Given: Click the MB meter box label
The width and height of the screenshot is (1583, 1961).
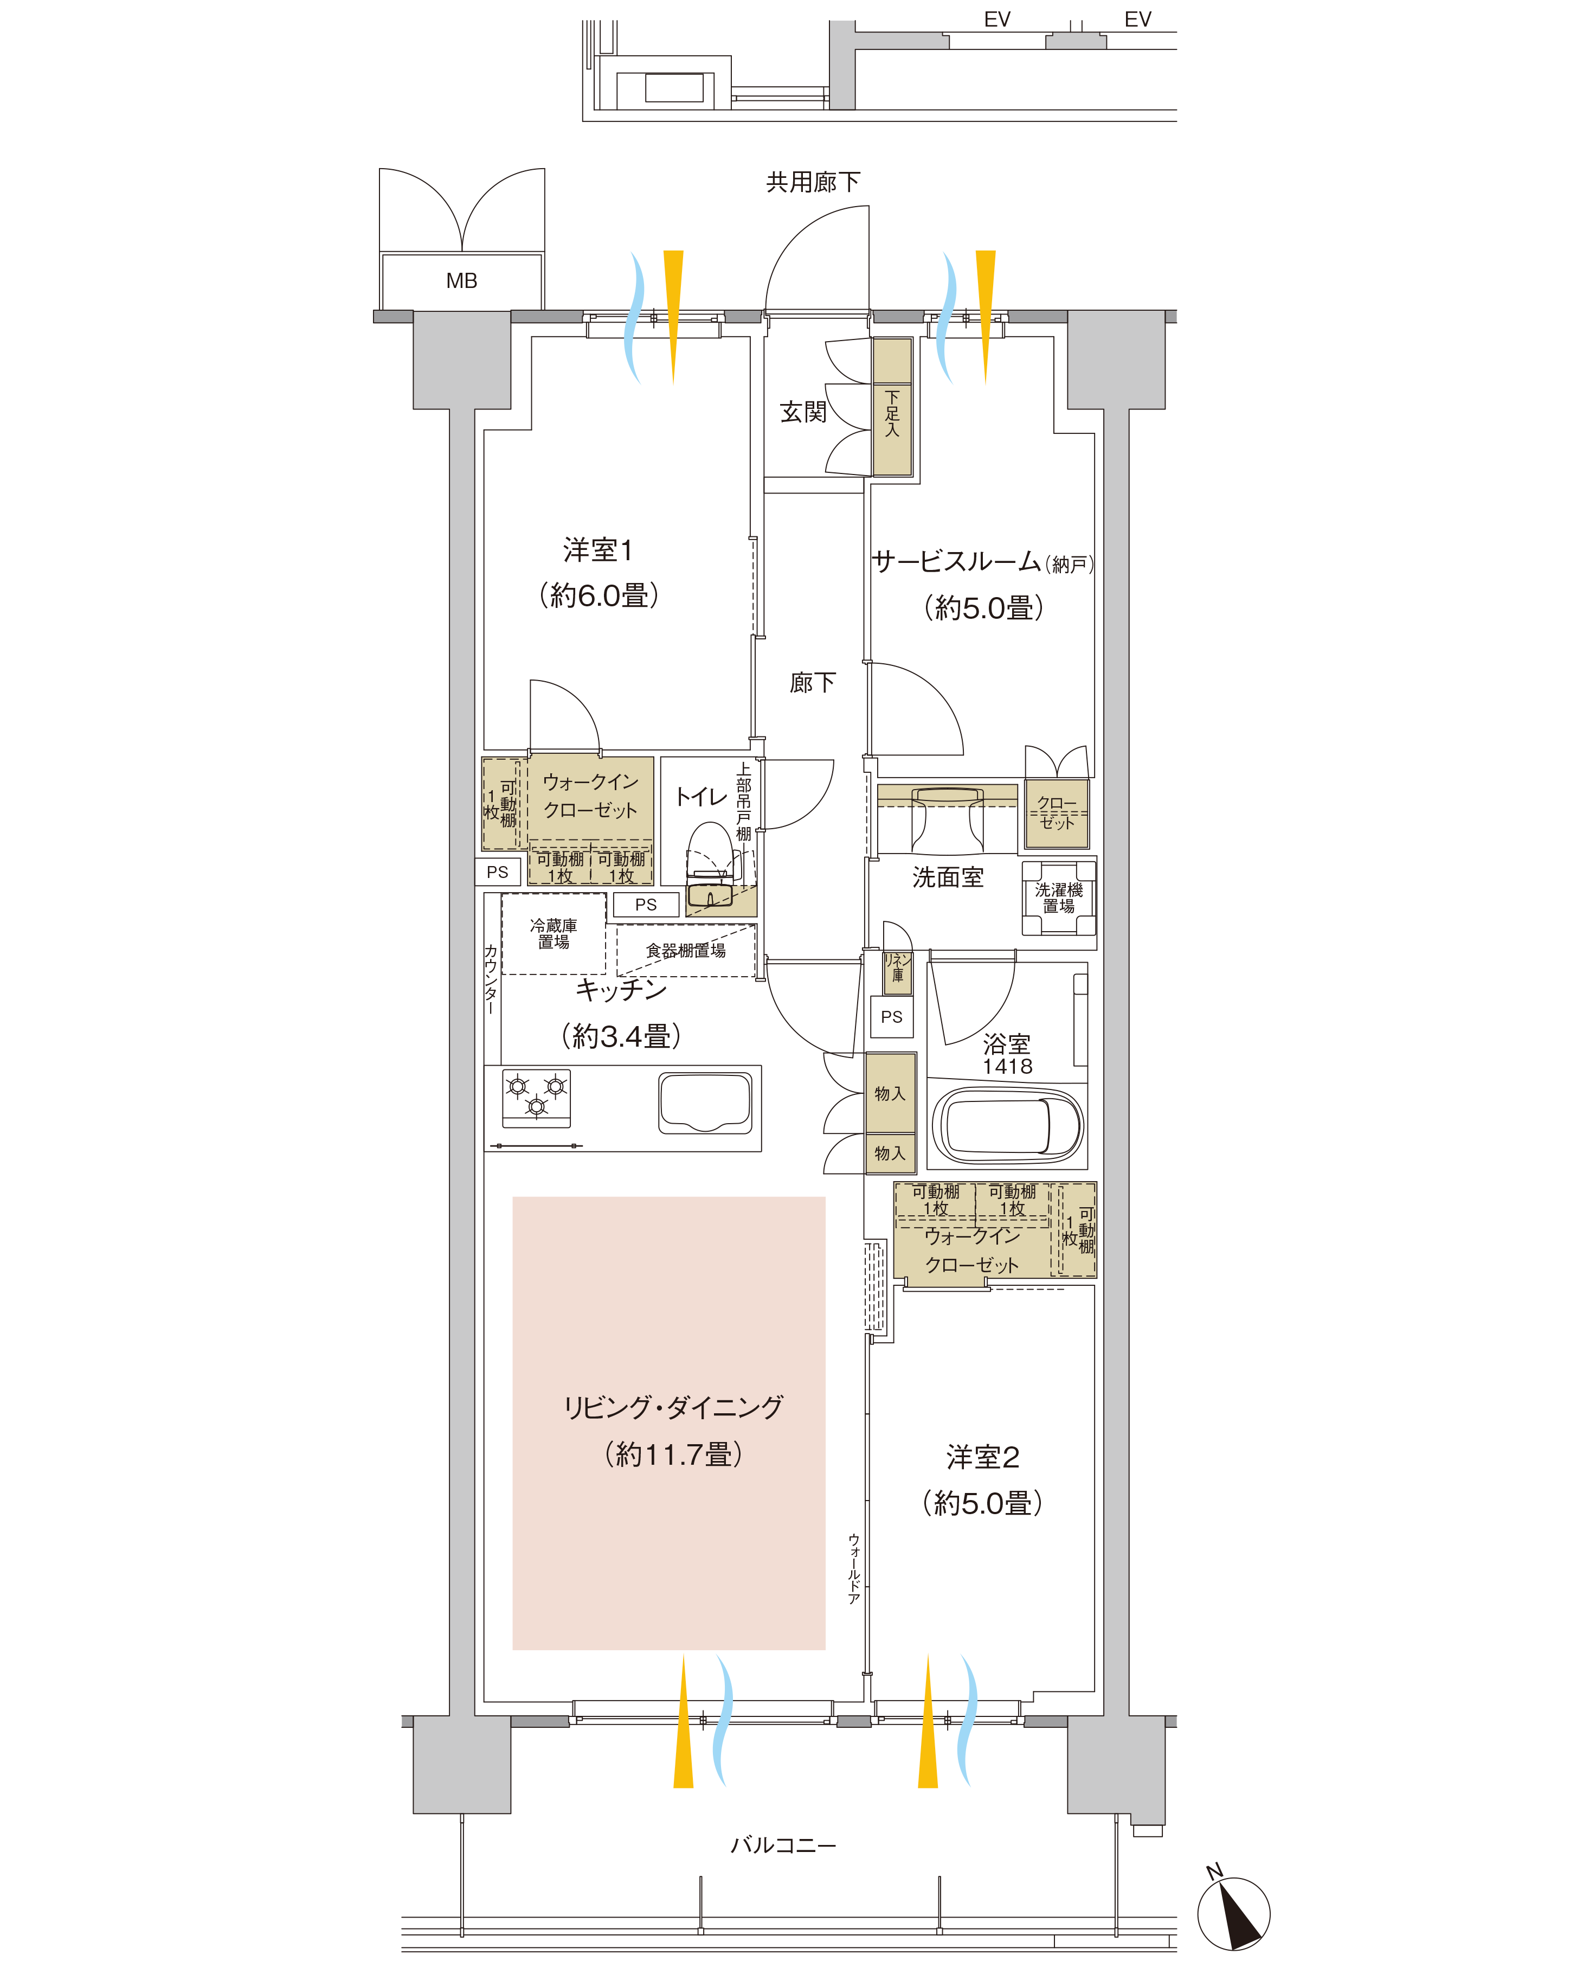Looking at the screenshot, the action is [x=461, y=281].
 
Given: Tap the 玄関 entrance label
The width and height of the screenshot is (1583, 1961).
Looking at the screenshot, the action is [x=802, y=412].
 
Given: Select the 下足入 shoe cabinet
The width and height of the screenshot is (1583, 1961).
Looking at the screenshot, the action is [x=892, y=407].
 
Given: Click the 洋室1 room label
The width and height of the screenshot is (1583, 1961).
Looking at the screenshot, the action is [x=598, y=550].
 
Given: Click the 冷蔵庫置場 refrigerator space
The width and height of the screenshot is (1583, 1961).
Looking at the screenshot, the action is [x=554, y=933].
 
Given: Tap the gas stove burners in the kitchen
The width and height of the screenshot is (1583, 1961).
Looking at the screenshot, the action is [x=536, y=1097].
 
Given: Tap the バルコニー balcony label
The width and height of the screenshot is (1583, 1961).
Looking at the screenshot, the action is [x=783, y=1845].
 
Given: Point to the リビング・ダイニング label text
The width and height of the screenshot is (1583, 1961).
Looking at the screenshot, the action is [x=673, y=1407].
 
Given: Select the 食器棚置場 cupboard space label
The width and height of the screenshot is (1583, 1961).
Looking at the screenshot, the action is [x=686, y=950].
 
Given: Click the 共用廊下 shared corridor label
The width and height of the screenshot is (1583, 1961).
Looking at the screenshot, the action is [x=813, y=182].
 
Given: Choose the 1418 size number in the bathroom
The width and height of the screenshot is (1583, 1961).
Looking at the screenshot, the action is [x=1008, y=1066].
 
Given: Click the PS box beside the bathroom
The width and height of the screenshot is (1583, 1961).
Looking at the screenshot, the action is [x=892, y=1017].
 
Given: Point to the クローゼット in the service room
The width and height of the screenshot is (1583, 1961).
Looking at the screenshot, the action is [x=1057, y=813].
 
